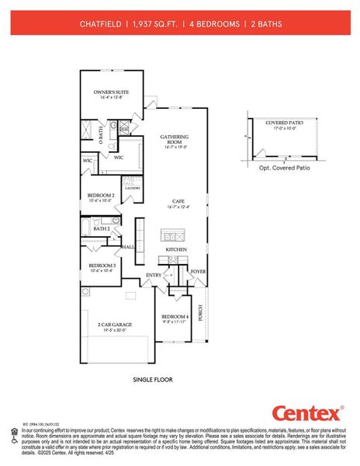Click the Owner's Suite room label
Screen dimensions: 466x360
pyautogui.click(x=112, y=92)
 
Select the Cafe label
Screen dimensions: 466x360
pyautogui.click(x=178, y=201)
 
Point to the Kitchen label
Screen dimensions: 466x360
pyautogui.click(x=176, y=249)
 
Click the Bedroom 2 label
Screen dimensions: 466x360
pyautogui.click(x=101, y=195)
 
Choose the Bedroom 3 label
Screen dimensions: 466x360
pyautogui.click(x=101, y=265)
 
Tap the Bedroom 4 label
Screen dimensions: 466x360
pyautogui.click(x=175, y=316)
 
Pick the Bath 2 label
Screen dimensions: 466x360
pyautogui.click(x=101, y=229)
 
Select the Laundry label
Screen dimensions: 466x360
pyautogui.click(x=131, y=187)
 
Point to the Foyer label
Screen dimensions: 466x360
pyautogui.click(x=198, y=272)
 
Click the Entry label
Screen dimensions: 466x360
pyautogui.click(x=154, y=275)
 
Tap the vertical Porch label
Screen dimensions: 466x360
pyautogui.click(x=200, y=312)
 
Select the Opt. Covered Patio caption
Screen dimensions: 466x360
pyautogui.click(x=284, y=167)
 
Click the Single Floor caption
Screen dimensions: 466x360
pyautogui.click(x=152, y=380)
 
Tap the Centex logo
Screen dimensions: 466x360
pyautogui.click(x=306, y=413)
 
